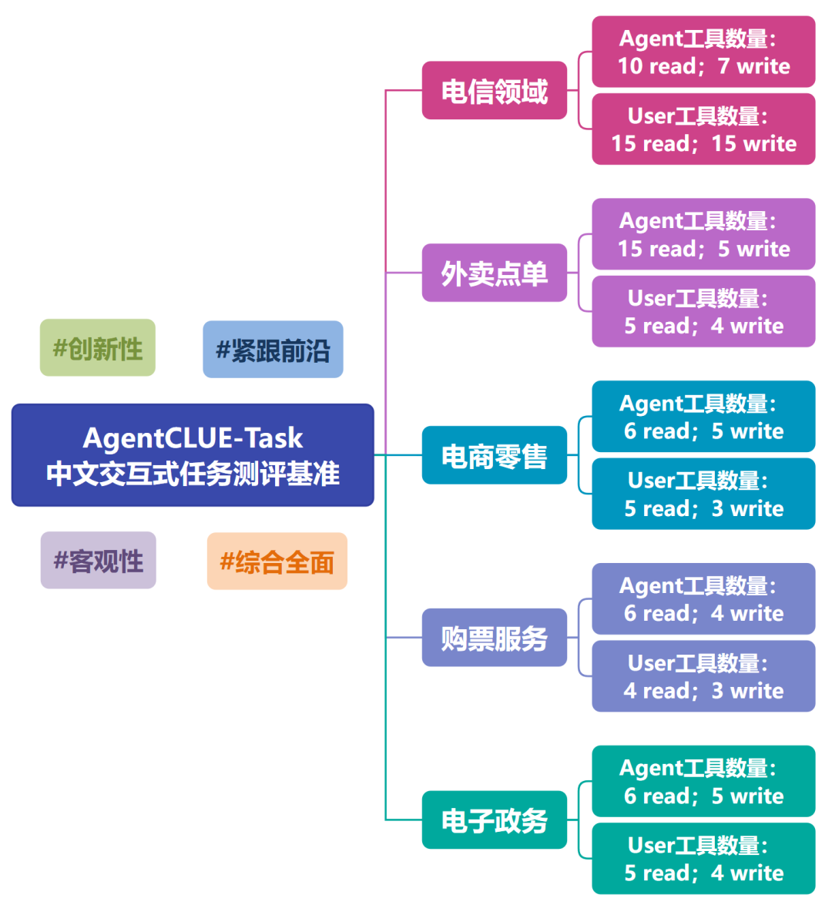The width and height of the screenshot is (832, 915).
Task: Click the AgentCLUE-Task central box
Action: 193,455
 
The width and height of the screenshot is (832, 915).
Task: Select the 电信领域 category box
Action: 495,91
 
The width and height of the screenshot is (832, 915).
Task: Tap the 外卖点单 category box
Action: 495,273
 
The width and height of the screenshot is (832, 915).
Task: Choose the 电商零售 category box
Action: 495,455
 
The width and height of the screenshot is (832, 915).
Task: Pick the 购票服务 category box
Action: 495,638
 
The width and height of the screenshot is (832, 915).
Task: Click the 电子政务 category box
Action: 495,820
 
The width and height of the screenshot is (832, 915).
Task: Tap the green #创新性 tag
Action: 98,348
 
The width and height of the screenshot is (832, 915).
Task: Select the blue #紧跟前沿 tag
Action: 273,350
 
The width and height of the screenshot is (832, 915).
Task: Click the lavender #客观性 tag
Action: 99,561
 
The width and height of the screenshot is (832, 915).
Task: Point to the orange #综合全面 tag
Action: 277,561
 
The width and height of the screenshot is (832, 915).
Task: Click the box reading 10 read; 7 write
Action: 703,52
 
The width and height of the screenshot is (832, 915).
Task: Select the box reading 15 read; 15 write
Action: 703,129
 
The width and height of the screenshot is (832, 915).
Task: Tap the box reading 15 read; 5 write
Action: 703,234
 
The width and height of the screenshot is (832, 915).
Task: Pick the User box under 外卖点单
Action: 703,312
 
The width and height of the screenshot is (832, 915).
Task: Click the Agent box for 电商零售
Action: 703,417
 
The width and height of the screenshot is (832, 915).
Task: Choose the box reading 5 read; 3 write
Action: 703,494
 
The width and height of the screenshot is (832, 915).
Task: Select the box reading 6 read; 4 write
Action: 703,599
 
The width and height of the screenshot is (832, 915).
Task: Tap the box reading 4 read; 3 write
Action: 703,676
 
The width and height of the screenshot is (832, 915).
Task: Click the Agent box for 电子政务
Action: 703,781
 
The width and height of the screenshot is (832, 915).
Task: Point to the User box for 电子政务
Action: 703,859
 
